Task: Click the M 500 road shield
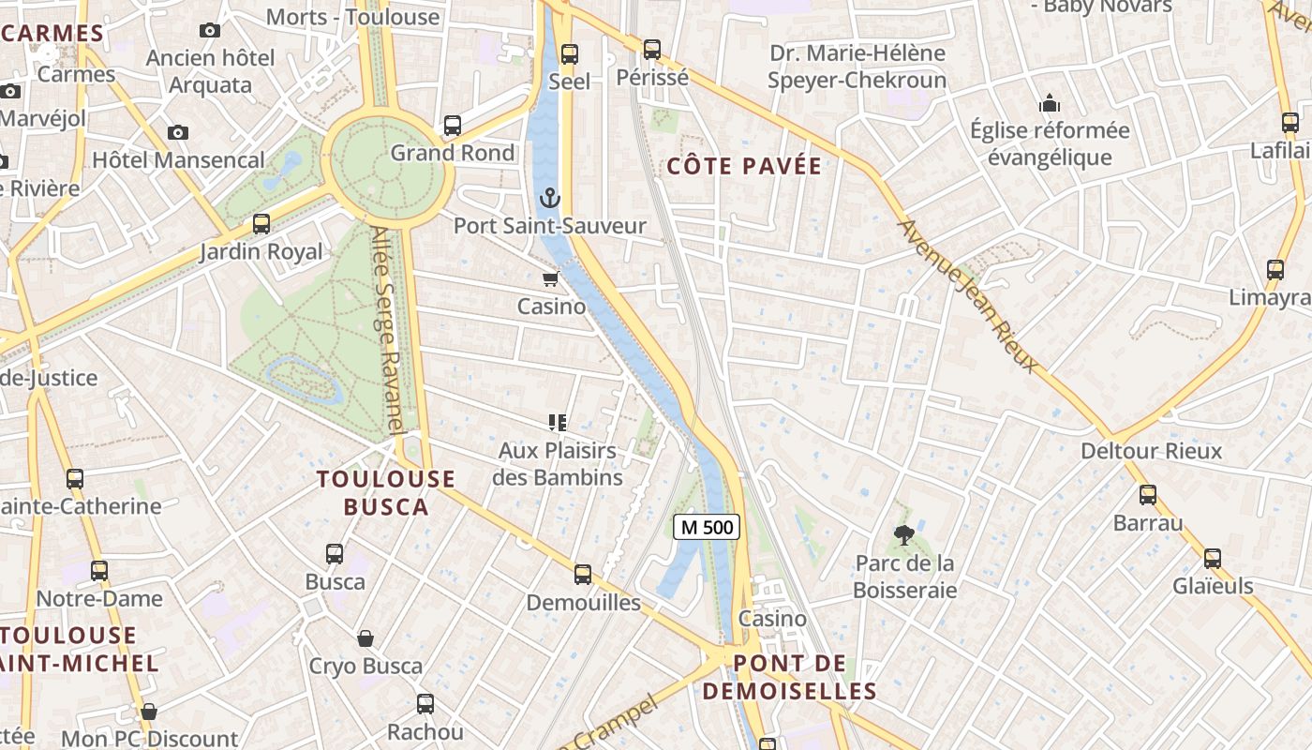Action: [x=707, y=527]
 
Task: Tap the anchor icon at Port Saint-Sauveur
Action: [x=550, y=198]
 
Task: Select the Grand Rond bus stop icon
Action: [x=453, y=126]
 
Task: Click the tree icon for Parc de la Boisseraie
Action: [x=904, y=535]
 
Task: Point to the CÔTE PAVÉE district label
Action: [x=744, y=167]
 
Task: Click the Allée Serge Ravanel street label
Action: [x=387, y=329]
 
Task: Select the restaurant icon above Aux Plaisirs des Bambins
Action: [x=558, y=423]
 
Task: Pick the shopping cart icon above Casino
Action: [x=551, y=278]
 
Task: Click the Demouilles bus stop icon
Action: [x=583, y=575]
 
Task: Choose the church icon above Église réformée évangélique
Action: [x=1050, y=102]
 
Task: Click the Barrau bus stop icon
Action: [x=1148, y=495]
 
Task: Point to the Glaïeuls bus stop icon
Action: [x=1213, y=559]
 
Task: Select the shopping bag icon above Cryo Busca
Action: [x=365, y=638]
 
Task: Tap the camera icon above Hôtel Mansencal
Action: [x=178, y=132]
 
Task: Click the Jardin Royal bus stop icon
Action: [x=261, y=224]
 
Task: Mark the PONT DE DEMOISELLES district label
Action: [x=789, y=677]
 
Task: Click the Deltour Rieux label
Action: [x=1151, y=451]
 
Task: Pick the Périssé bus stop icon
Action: [x=652, y=50]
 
